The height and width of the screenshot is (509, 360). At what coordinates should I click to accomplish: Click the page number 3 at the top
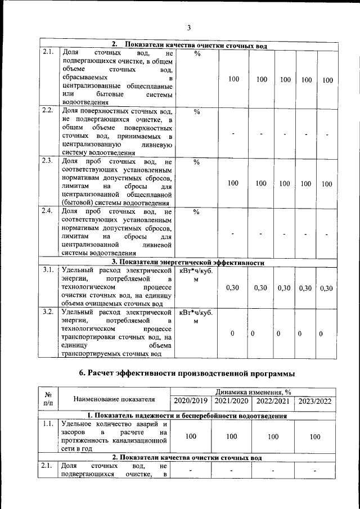pos(189,28)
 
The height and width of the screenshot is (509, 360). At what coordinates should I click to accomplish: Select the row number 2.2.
pos(48,110)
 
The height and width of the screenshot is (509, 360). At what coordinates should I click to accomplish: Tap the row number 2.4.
pos(48,211)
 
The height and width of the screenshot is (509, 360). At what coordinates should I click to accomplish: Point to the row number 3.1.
pos(48,270)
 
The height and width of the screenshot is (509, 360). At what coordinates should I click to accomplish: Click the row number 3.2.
pos(48,311)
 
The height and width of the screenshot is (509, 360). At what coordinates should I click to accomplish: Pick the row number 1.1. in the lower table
pos(48,424)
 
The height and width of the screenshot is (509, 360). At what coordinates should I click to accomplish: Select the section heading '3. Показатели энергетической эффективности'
pos(188,262)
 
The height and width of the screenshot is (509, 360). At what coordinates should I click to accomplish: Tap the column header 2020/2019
pos(191,401)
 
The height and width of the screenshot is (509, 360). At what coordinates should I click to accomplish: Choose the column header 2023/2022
pos(315,401)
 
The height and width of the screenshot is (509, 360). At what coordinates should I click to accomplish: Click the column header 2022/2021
pos(273,401)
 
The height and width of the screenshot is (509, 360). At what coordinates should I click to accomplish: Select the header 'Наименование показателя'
pos(114,399)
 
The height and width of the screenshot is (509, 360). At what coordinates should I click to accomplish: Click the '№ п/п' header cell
pos(48,399)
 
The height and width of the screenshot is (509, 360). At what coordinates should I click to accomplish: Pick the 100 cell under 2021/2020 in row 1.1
pos(231,436)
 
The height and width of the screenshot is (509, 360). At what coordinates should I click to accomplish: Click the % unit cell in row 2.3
pos(196,163)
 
